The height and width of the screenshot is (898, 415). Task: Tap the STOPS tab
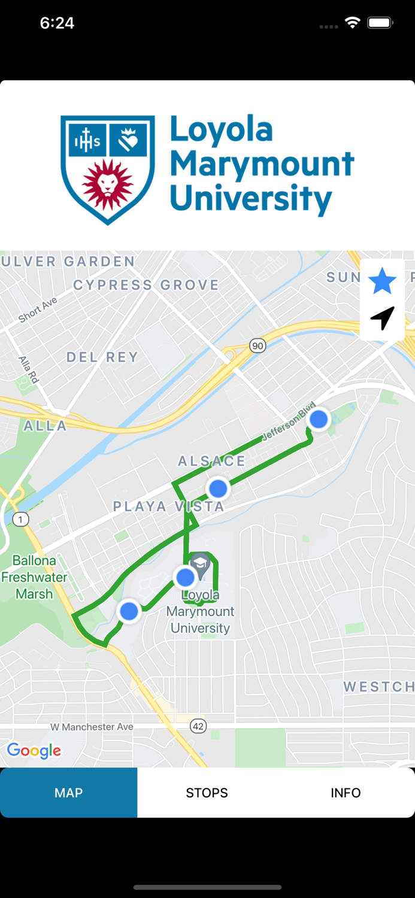pyautogui.click(x=207, y=793)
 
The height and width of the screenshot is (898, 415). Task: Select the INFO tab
pyautogui.click(x=346, y=793)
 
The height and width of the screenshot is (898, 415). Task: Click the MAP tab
pyautogui.click(x=68, y=793)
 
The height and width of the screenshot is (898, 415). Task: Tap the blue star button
pyautogui.click(x=382, y=281)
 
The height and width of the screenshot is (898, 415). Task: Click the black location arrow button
pyautogui.click(x=382, y=318)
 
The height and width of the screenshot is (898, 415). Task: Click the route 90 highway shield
pyautogui.click(x=258, y=345)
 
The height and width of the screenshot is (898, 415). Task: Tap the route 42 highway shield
pyautogui.click(x=198, y=726)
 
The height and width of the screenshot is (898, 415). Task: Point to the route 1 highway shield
pyautogui.click(x=20, y=519)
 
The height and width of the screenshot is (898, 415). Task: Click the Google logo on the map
pyautogui.click(x=34, y=751)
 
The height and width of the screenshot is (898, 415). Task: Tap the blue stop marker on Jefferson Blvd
pyautogui.click(x=319, y=419)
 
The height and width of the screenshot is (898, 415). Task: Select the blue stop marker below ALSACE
pyautogui.click(x=218, y=489)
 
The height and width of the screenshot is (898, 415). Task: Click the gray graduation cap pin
pyautogui.click(x=200, y=565)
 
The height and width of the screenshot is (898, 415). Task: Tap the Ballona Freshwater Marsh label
pyautogui.click(x=34, y=577)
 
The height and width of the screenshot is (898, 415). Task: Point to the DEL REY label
pyautogui.click(x=102, y=357)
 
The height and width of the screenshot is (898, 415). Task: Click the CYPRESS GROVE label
pyautogui.click(x=146, y=285)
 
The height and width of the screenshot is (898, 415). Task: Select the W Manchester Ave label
pyautogui.click(x=92, y=727)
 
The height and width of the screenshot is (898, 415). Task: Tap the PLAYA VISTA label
pyautogui.click(x=168, y=506)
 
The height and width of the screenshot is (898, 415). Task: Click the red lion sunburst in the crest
pyautogui.click(x=107, y=184)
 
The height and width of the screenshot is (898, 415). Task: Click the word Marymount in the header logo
pyautogui.click(x=262, y=163)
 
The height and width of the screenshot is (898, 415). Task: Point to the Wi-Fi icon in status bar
pyautogui.click(x=352, y=23)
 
